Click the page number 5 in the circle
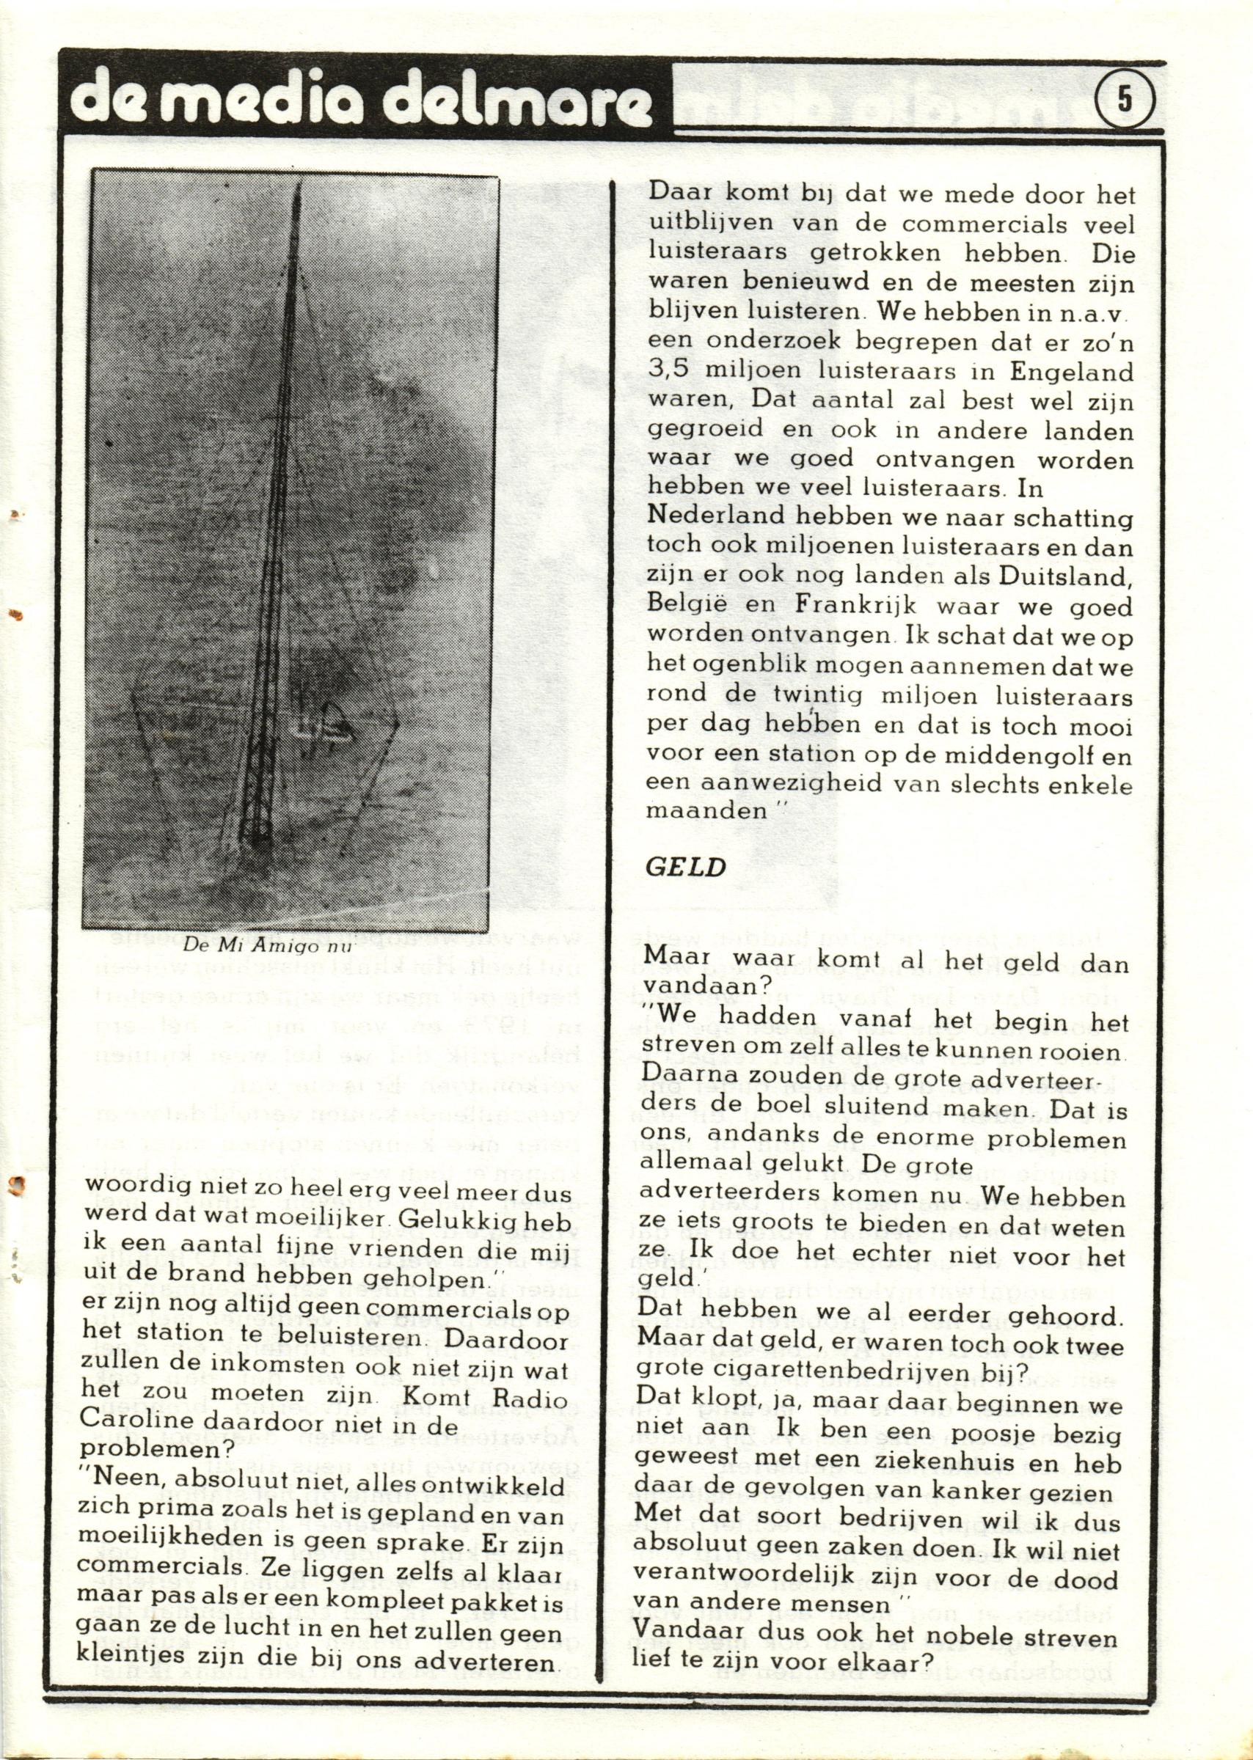pyautogui.click(x=1124, y=100)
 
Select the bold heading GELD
pyautogui.click(x=685, y=867)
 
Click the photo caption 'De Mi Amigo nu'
pyautogui.click(x=266, y=944)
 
